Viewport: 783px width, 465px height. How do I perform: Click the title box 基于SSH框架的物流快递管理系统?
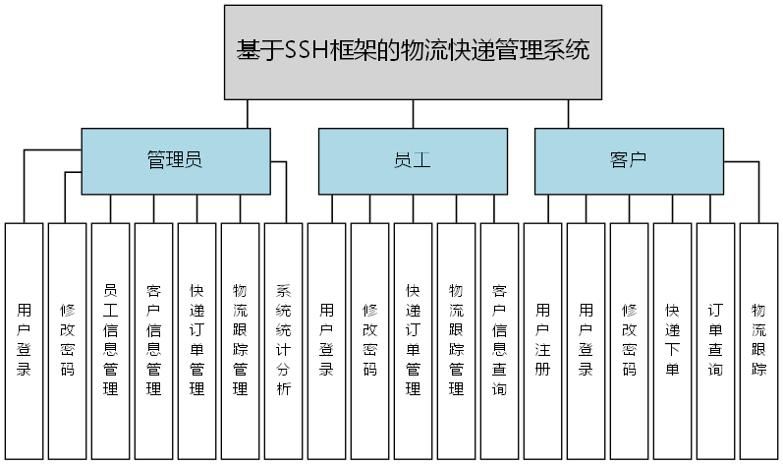pyautogui.click(x=413, y=51)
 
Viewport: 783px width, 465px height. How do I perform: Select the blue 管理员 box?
pyautogui.click(x=175, y=160)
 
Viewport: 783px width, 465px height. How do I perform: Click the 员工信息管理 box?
pyautogui.click(x=110, y=340)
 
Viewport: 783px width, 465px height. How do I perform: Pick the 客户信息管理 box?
pyautogui.click(x=153, y=340)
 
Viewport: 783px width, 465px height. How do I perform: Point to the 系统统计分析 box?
pyautogui.click(x=283, y=340)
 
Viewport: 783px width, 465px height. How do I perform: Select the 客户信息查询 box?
pyautogui.click(x=499, y=340)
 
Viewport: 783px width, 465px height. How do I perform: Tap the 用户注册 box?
pyautogui.click(x=542, y=340)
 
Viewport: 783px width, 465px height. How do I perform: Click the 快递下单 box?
pyautogui.click(x=672, y=340)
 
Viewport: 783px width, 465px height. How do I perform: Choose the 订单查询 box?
pyautogui.click(x=715, y=340)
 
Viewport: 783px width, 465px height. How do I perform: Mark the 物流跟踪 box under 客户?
pyautogui.click(x=758, y=340)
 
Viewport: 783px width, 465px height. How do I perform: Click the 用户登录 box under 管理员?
pyautogui.click(x=24, y=340)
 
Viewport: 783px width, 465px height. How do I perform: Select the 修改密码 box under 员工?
pyautogui.click(x=369, y=340)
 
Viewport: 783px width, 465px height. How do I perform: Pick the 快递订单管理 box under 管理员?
pyautogui.click(x=196, y=340)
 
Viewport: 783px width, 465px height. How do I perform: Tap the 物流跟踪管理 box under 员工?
pyautogui.click(x=456, y=340)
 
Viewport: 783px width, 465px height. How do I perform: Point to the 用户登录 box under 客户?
pyautogui.click(x=586, y=340)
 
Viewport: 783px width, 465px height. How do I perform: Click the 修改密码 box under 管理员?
pyautogui.click(x=67, y=340)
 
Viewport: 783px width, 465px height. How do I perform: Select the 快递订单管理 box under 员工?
pyautogui.click(x=413, y=340)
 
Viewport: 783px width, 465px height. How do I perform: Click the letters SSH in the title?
pyautogui.click(x=306, y=51)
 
